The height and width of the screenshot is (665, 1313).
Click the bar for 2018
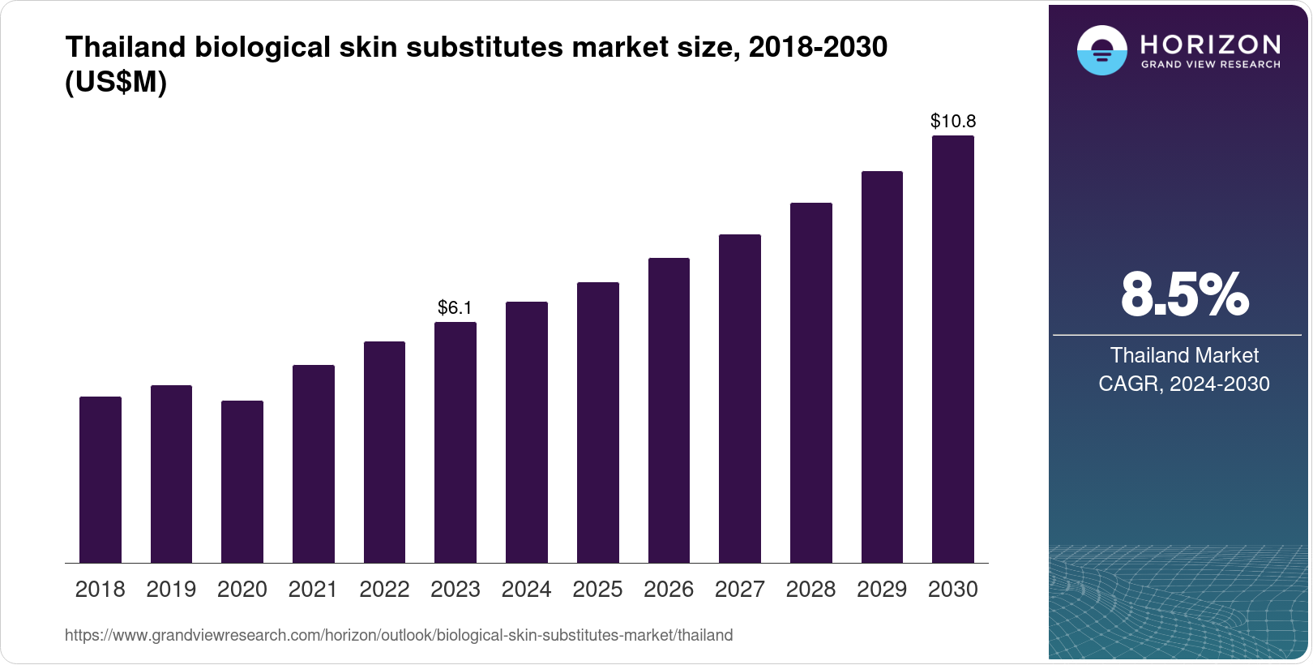point(101,479)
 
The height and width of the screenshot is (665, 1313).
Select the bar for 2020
point(242,482)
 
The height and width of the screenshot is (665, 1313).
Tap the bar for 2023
point(455,442)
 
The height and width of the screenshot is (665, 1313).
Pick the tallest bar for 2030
point(953,349)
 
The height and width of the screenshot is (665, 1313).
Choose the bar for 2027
point(740,398)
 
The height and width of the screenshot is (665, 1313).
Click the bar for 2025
point(598,422)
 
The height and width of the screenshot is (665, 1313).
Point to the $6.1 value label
point(455,307)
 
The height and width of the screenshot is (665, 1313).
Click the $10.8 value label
point(953,122)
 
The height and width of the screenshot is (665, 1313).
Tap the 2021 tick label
point(313,590)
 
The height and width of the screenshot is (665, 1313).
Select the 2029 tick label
point(882,590)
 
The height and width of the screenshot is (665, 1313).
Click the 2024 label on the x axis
point(526,590)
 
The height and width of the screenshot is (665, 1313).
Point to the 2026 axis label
point(669,590)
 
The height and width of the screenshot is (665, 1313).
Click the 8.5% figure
point(1184,295)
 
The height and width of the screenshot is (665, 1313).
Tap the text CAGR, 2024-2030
point(1184,384)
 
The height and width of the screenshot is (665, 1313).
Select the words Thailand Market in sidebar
point(1184,355)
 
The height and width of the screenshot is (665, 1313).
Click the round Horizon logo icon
point(1101,50)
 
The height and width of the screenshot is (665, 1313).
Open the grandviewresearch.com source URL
point(399,636)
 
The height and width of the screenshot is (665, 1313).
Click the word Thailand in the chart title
point(126,47)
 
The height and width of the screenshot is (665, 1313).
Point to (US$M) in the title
point(116,82)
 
